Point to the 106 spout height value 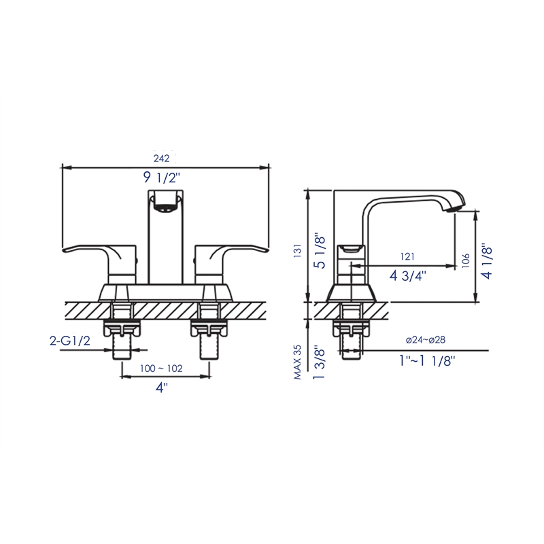[x=466, y=261]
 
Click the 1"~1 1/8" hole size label [x=426, y=360]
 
